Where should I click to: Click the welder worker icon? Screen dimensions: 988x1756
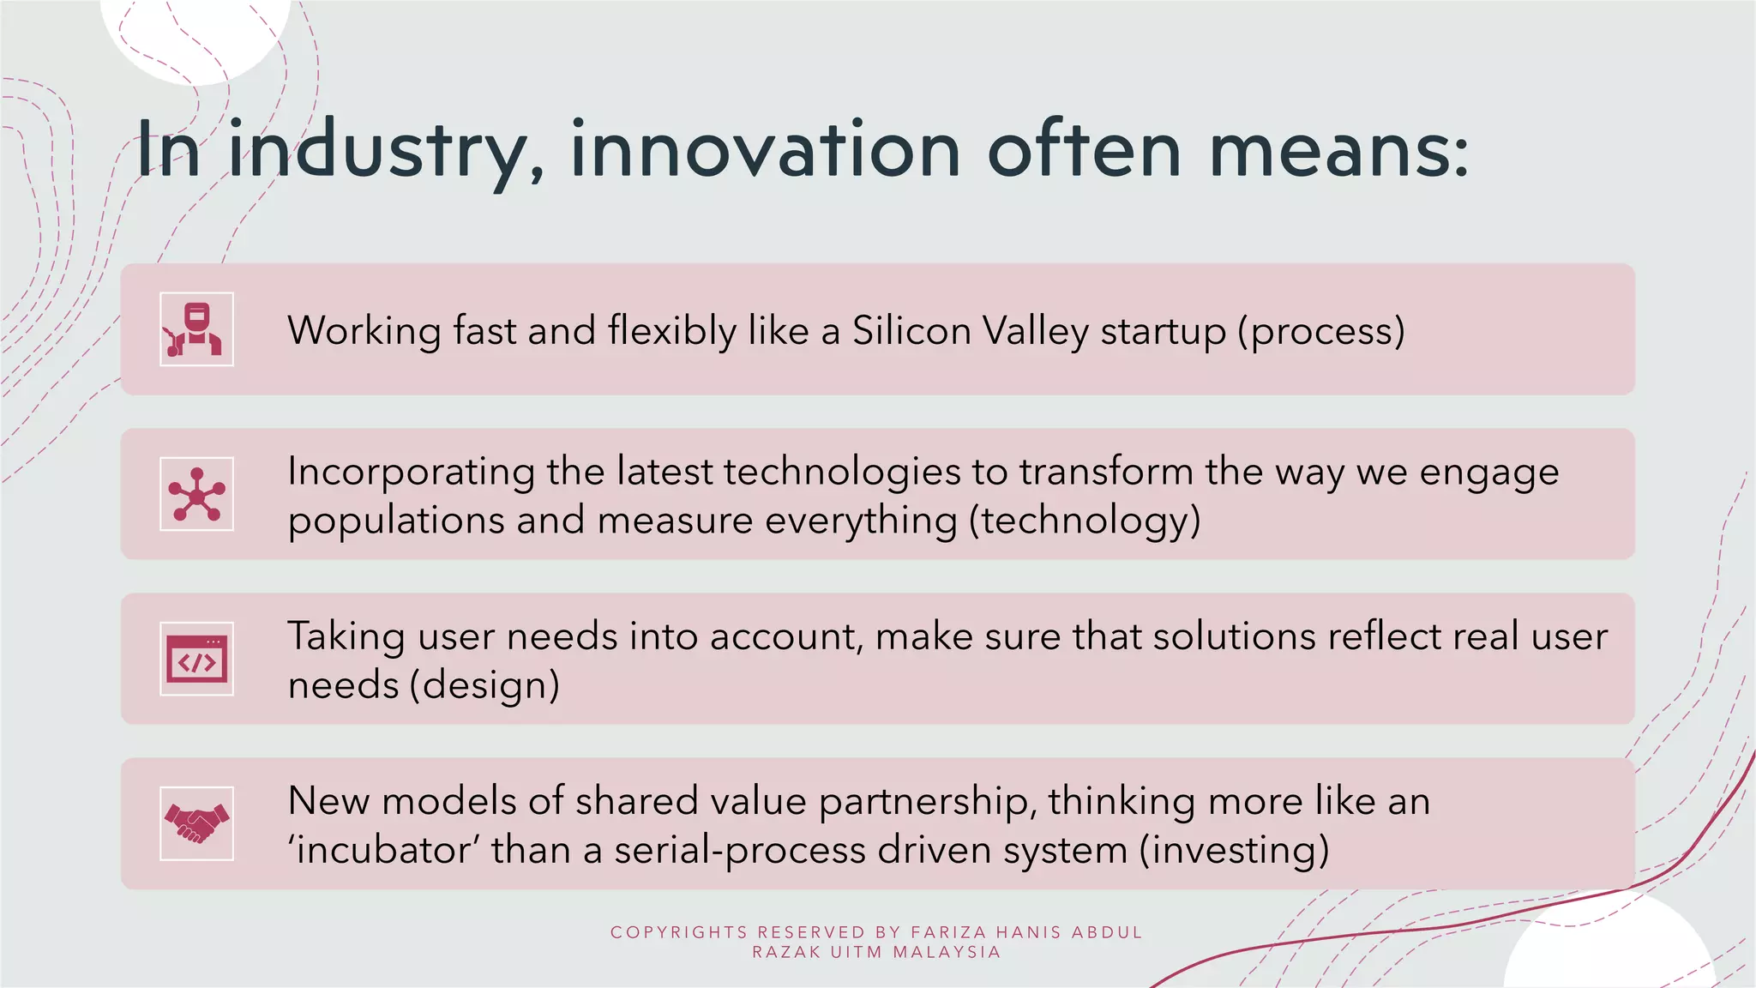[196, 329]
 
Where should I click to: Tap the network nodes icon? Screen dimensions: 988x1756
[196, 494]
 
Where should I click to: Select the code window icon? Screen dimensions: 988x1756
[196, 659]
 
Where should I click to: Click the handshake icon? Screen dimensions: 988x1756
[196, 823]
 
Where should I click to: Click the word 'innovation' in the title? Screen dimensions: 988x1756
[765, 150]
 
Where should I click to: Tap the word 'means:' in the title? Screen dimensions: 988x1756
[1338, 150]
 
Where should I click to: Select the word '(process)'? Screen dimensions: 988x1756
[1321, 332]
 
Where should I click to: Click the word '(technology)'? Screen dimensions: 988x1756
[1085, 521]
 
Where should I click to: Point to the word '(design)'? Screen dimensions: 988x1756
[484, 686]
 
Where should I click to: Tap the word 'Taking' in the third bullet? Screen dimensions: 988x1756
[346, 637]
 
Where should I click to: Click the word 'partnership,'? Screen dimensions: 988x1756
[927, 802]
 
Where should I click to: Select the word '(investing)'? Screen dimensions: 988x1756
[1235, 851]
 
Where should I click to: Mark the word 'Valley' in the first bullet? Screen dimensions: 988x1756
[1035, 331]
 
